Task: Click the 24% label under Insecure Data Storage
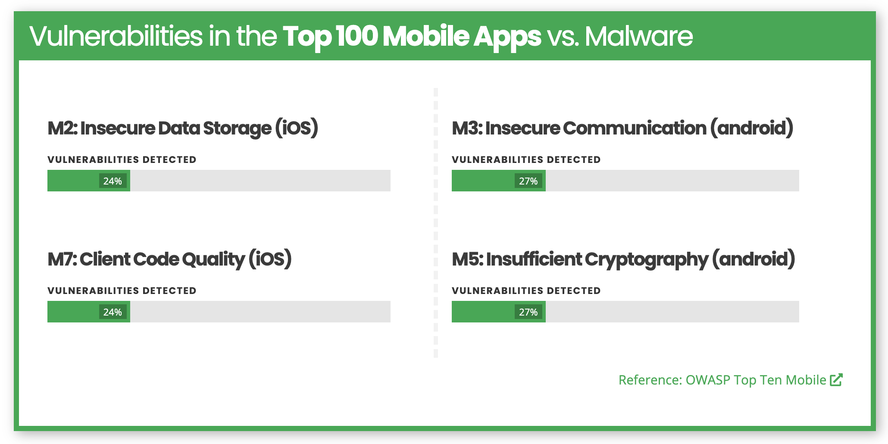coord(113,181)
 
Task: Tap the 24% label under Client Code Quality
coord(113,312)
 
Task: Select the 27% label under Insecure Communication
coord(528,181)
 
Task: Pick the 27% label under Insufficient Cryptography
coord(528,312)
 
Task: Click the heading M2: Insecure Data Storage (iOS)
coord(183,128)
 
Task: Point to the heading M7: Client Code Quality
coord(169,260)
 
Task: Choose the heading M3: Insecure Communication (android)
coord(622,128)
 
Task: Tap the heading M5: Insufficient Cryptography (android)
coord(623,260)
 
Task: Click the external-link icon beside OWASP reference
coord(836,379)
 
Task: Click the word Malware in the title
coord(639,36)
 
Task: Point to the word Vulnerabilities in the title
coord(116,36)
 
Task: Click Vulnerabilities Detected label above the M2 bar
coord(122,159)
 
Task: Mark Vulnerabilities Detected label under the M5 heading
coord(526,291)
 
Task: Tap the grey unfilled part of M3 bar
coord(672,181)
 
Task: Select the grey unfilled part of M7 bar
coord(260,312)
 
